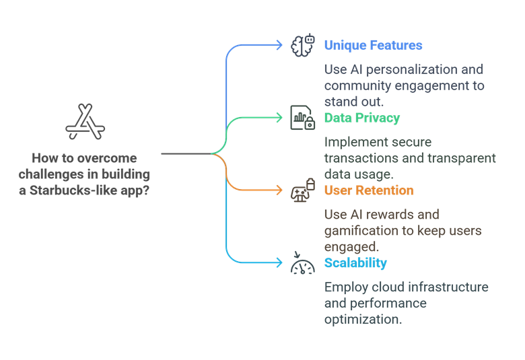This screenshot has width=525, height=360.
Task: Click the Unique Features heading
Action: pos(373,45)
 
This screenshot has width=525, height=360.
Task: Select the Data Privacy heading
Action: pos(362,118)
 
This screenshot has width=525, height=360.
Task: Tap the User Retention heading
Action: pos(369,190)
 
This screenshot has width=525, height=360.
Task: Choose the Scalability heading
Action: pos(355,263)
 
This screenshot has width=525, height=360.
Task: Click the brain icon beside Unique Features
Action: pos(302,45)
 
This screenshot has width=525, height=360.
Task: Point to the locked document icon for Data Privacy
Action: pos(302,118)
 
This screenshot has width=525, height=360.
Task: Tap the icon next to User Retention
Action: pos(302,190)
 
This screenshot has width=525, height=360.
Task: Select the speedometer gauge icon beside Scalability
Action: pos(302,264)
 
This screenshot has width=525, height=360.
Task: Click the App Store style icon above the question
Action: pos(85,122)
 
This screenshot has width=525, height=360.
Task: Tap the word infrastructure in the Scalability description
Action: pos(447,287)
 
